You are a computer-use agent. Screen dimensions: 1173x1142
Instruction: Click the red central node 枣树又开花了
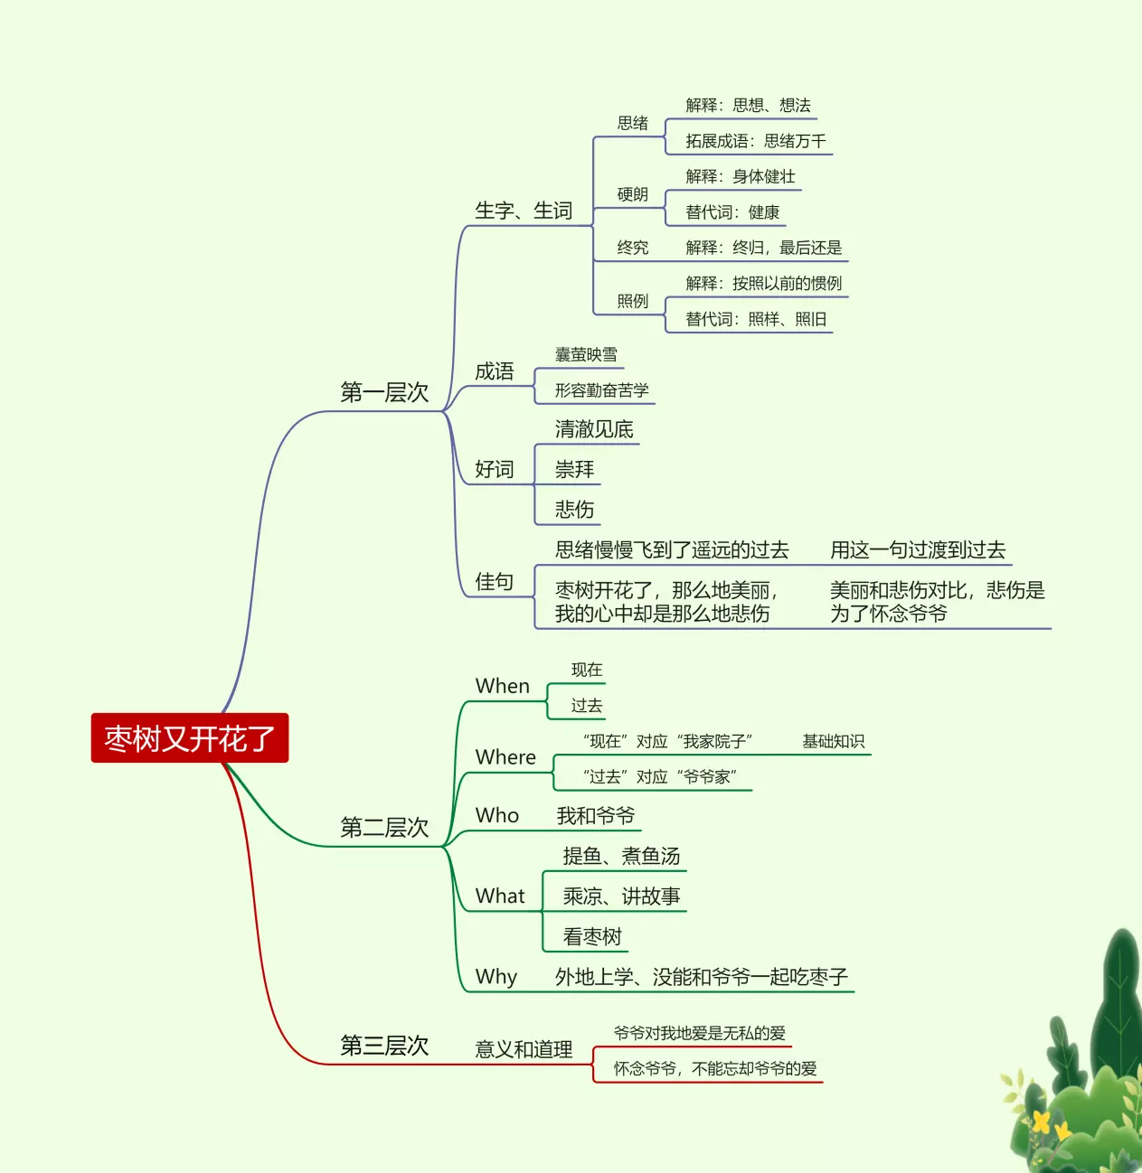(x=189, y=738)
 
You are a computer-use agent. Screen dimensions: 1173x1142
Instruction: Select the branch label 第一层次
(x=383, y=392)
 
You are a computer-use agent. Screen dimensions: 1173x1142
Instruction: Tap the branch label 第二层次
(x=383, y=828)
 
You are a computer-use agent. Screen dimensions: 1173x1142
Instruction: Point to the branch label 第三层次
(x=383, y=1046)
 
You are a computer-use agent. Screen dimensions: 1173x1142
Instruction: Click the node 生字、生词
(x=524, y=211)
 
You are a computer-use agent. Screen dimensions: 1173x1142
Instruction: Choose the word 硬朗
(x=633, y=194)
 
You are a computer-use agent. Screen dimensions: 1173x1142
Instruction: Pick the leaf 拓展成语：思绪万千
(x=755, y=141)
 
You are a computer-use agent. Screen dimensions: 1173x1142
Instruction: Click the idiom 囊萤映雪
(x=586, y=355)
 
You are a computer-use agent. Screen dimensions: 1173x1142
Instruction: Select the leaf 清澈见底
(x=594, y=429)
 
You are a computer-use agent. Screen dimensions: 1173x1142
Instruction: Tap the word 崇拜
(x=574, y=470)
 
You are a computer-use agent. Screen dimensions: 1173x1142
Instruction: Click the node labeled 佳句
(x=495, y=582)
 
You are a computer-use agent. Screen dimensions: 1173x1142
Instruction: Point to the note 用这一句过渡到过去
(x=918, y=550)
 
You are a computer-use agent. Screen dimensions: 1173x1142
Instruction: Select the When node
(x=503, y=687)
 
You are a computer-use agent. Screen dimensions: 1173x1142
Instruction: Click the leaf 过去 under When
(x=586, y=706)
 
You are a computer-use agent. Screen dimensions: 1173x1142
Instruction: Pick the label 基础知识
(x=833, y=742)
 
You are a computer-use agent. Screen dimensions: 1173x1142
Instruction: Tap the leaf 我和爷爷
(x=595, y=816)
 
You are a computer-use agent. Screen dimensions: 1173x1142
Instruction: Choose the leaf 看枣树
(x=592, y=937)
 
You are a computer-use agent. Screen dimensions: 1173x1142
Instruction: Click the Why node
(x=496, y=977)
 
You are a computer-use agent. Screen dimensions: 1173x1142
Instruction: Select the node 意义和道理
(x=524, y=1049)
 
